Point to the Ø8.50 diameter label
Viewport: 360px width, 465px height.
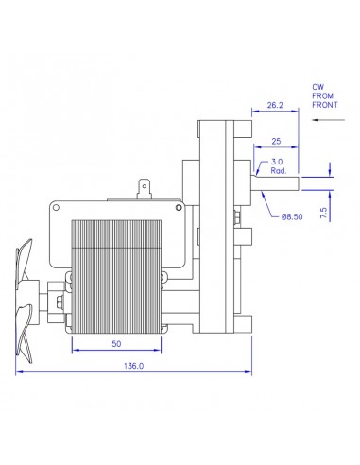pos(294,217)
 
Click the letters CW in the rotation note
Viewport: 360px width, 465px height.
pos(318,87)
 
